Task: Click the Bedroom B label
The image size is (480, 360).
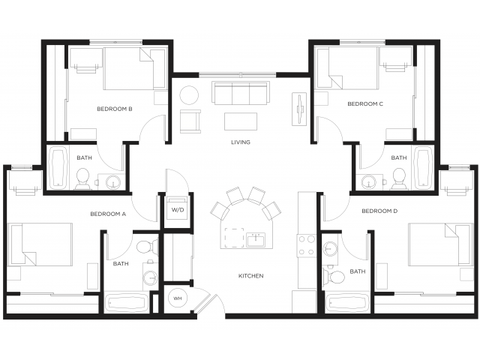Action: (115, 109)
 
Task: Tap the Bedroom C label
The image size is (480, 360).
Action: (365, 103)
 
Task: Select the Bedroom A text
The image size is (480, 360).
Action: (108, 214)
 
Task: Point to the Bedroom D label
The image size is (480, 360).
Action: (379, 211)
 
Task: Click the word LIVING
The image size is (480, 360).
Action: (240, 142)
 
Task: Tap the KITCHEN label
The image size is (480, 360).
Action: (250, 275)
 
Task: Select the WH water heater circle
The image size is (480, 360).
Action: (178, 298)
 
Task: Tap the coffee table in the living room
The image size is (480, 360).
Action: (240, 121)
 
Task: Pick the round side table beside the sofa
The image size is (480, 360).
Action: (188, 94)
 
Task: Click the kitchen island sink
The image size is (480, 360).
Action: (256, 239)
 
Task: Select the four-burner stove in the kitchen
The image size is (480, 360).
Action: (307, 245)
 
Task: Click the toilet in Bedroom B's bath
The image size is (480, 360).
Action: (83, 178)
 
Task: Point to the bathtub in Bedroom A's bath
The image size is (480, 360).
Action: (127, 304)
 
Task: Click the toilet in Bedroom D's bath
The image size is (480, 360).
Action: (335, 277)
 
